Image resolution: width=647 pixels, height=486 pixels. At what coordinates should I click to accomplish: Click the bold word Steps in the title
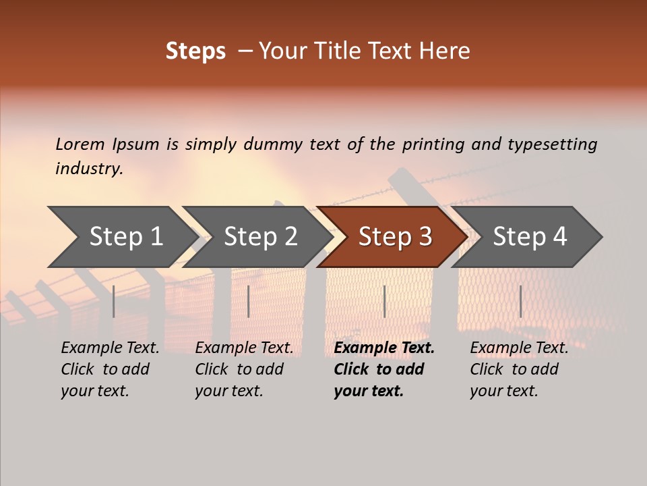tap(195, 51)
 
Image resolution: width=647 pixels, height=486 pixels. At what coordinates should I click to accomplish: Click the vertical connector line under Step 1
tap(114, 302)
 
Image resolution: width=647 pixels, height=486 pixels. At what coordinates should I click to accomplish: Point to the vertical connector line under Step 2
tap(249, 302)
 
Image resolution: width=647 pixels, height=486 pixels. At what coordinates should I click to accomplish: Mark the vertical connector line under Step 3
tap(384, 302)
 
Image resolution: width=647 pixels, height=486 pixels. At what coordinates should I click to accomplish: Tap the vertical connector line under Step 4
tap(520, 302)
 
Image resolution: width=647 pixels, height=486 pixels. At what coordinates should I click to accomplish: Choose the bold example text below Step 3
tap(383, 369)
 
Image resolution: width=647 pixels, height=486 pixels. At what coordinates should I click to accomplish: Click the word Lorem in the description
tap(80, 144)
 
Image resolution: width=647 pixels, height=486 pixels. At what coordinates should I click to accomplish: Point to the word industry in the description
tap(89, 168)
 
